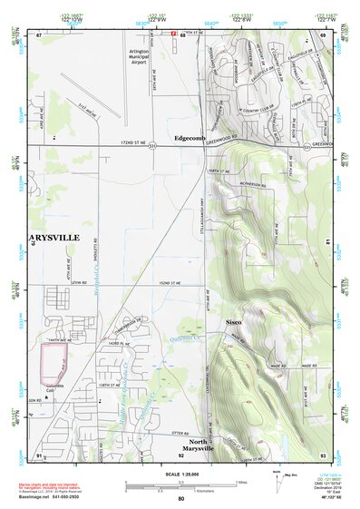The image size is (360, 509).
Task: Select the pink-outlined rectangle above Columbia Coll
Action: (54, 360)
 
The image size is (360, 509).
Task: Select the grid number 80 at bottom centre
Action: (180, 499)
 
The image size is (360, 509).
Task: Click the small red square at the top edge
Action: (174, 32)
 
